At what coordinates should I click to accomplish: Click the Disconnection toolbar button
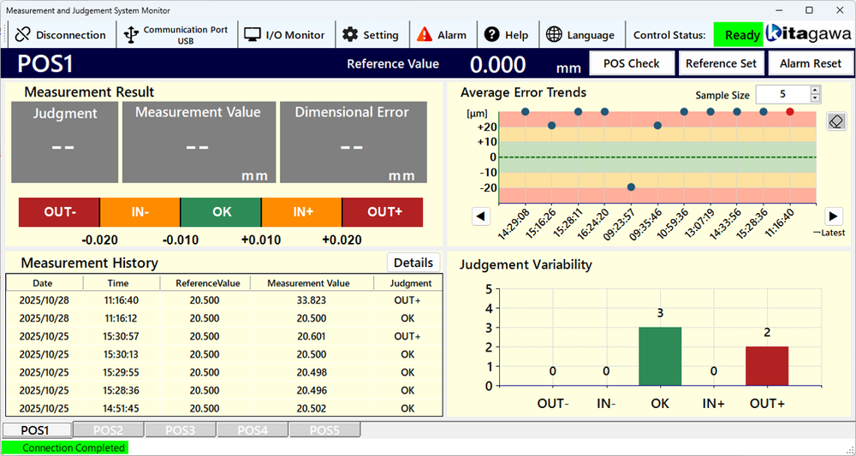pos(61,35)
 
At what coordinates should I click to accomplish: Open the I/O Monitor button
pos(285,35)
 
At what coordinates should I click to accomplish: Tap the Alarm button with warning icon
pos(442,35)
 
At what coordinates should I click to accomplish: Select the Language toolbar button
pos(580,35)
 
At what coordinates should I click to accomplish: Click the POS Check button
pos(632,63)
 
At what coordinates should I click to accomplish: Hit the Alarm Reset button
pos(811,63)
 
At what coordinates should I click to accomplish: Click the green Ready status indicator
pos(738,35)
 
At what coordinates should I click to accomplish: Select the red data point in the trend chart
pos(790,111)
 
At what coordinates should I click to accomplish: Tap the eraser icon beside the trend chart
pos(836,121)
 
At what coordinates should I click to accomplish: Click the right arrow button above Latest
pos(834,216)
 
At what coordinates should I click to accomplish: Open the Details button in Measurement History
pos(413,263)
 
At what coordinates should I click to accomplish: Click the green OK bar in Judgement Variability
pos(660,356)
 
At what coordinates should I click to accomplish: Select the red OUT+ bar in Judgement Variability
pos(767,365)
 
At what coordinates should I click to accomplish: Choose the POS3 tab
pos(180,429)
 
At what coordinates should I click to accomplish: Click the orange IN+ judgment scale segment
pos(302,212)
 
